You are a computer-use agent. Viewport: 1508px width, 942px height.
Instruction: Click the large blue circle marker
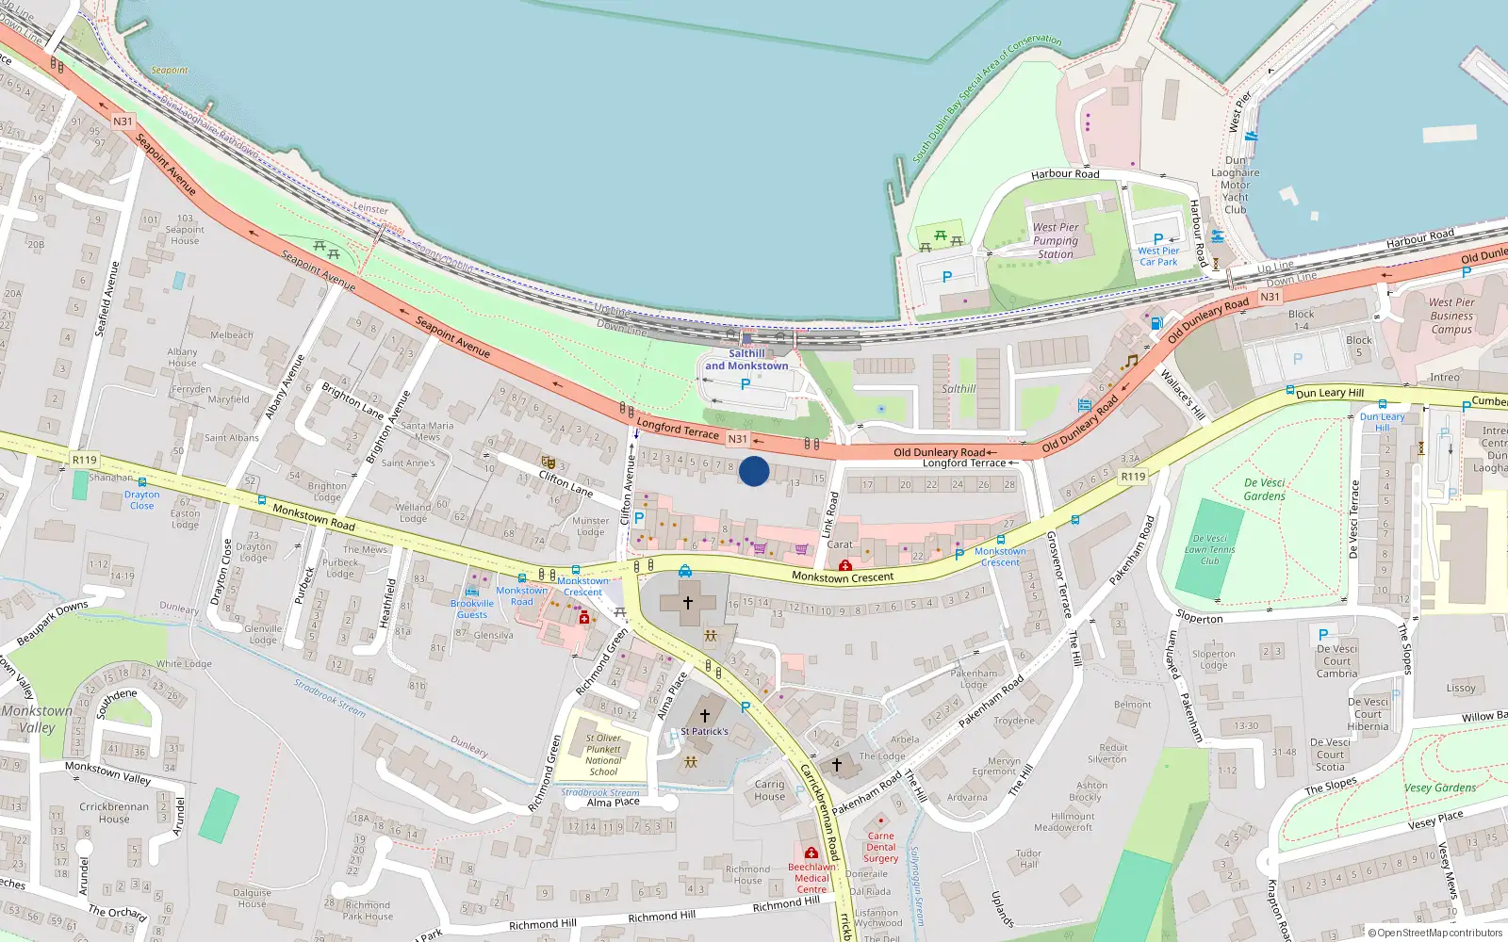pos(754,471)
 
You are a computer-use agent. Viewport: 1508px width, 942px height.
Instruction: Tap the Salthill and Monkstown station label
pos(746,360)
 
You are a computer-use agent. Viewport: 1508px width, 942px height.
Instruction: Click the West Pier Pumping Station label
pos(1056,240)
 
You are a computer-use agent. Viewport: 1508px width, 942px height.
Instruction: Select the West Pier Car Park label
pos(1158,256)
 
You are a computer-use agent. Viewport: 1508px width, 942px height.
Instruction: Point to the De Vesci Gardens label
pos(1264,489)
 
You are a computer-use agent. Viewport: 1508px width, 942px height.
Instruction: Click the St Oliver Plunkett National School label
pos(603,755)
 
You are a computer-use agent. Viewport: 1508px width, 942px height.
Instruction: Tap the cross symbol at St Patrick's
pos(705,715)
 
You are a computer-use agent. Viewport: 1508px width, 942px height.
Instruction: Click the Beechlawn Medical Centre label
pos(811,878)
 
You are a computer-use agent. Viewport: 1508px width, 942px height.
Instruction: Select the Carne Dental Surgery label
pos(880,847)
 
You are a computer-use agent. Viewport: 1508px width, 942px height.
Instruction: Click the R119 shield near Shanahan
pos(84,460)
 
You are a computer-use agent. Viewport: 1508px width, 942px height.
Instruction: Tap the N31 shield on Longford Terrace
pos(737,439)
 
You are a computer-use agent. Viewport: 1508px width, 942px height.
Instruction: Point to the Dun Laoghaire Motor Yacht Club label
pos(1235,185)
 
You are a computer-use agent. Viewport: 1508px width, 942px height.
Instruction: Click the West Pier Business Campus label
pos(1451,317)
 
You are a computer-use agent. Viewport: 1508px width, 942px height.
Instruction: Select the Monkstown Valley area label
pos(36,719)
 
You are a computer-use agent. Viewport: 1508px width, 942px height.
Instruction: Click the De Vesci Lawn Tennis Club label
pos(1210,550)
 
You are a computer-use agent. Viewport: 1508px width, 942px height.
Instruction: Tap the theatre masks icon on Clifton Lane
pos(548,462)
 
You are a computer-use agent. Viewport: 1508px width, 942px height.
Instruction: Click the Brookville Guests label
pos(472,609)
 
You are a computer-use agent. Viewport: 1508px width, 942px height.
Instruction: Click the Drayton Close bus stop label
pos(141,500)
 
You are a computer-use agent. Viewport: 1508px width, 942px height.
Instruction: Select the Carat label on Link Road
pos(840,544)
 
